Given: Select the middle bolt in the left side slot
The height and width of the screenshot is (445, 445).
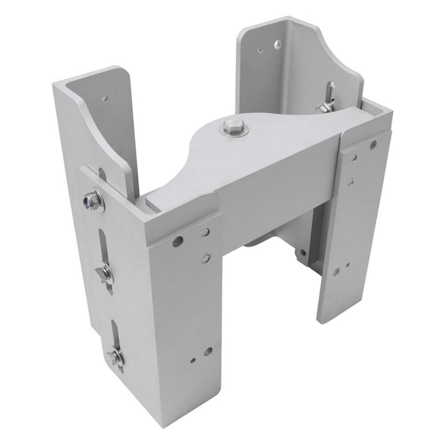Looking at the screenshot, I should (103, 273).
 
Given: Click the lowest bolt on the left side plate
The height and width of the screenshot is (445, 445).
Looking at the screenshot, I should (114, 357).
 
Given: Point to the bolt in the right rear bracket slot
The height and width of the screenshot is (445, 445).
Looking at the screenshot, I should (324, 107).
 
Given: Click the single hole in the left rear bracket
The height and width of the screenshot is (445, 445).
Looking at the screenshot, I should (105, 98).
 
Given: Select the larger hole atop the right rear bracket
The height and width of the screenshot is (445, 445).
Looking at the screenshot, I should (278, 44).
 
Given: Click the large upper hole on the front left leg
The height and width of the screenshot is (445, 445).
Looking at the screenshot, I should (177, 242).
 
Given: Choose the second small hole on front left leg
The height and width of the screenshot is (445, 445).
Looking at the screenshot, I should (206, 258).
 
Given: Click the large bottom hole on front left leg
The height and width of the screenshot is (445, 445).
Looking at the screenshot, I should (208, 351).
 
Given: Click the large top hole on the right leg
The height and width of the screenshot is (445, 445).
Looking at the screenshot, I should (373, 145).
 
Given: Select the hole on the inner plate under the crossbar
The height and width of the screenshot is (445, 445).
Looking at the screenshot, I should (302, 253).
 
